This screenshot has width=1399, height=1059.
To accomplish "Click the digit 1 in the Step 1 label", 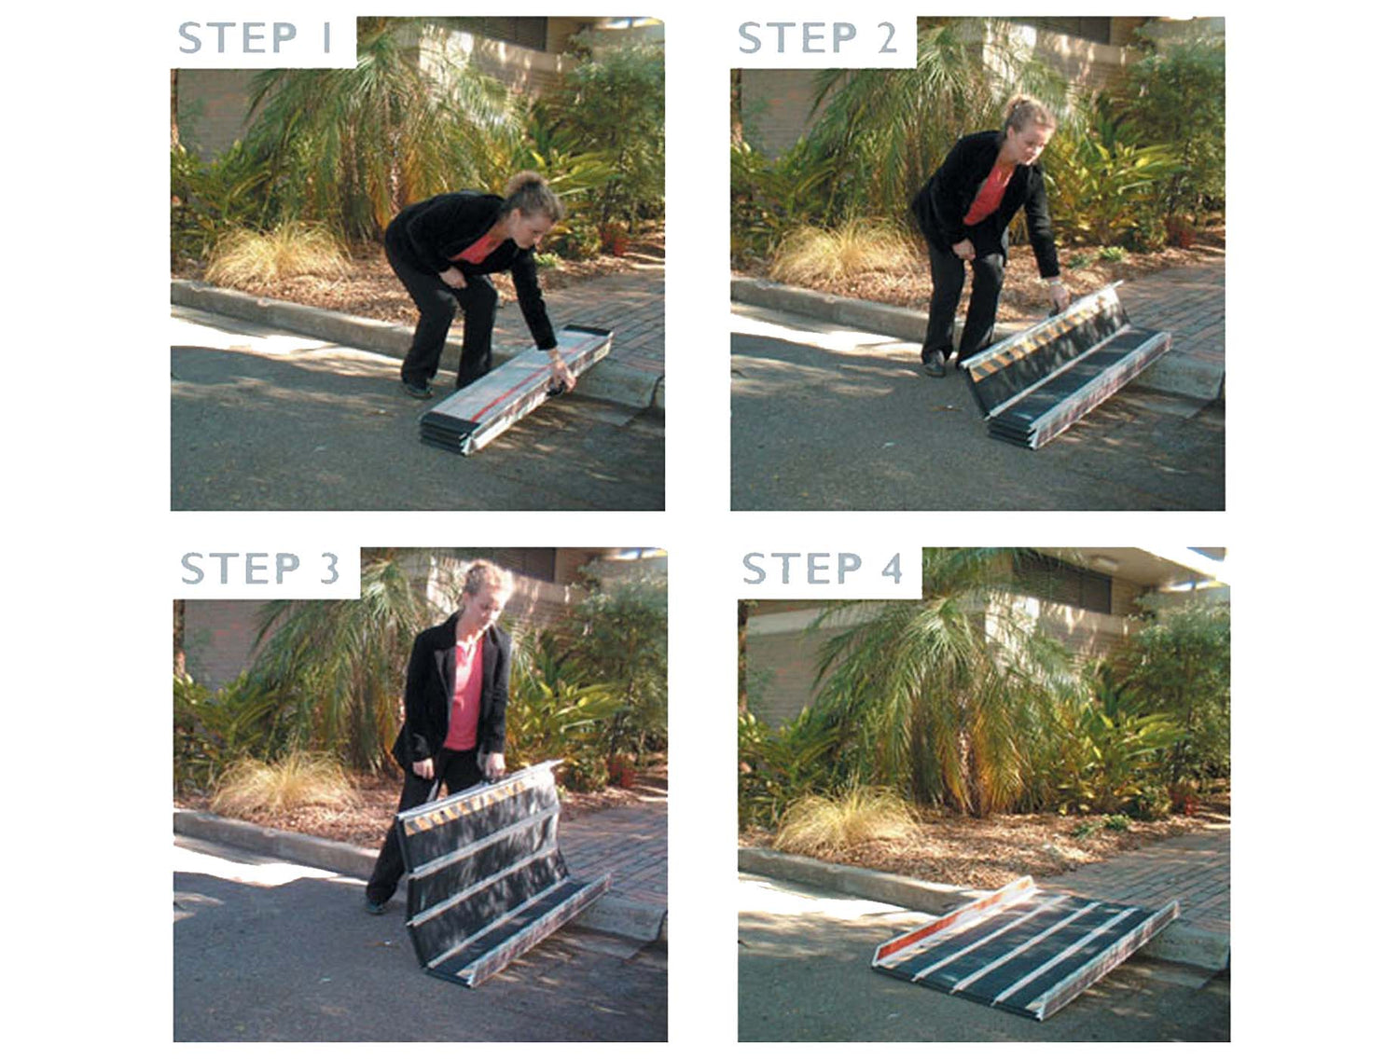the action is click(x=327, y=37).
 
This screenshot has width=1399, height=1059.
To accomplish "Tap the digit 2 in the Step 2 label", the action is click(x=887, y=37).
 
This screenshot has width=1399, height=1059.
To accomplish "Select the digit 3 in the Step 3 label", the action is click(x=329, y=568).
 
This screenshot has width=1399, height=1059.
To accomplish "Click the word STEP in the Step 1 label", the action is click(x=237, y=37).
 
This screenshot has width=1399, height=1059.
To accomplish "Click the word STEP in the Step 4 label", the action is click(x=802, y=568).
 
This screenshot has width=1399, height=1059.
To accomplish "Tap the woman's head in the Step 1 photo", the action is click(x=533, y=204).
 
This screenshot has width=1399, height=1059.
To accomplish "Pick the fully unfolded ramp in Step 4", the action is click(x=1025, y=938).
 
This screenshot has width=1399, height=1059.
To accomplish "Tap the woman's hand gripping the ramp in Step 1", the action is click(x=562, y=376).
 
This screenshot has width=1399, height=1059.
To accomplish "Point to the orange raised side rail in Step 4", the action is click(x=951, y=917).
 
